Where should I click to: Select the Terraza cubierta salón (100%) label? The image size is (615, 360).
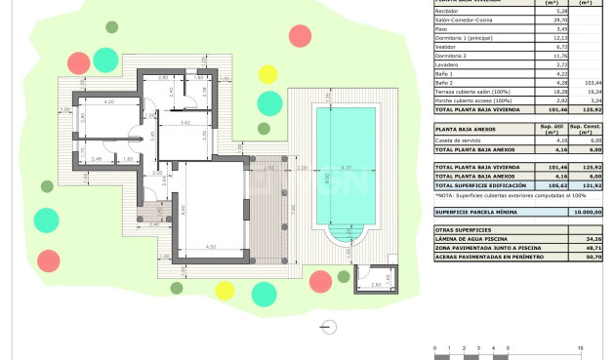pyautogui.click(x=472, y=93)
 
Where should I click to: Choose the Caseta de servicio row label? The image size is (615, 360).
pyautogui.click(x=458, y=140)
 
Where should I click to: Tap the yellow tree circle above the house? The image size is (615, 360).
pyautogui.click(x=266, y=72)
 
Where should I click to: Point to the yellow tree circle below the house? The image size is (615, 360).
pyautogui.click(x=225, y=288)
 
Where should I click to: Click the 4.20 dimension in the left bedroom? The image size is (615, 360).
pyautogui.click(x=109, y=101)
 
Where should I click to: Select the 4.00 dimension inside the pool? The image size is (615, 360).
pyautogui.click(x=347, y=168)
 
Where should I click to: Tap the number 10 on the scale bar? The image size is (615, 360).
pyautogui.click(x=581, y=347)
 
